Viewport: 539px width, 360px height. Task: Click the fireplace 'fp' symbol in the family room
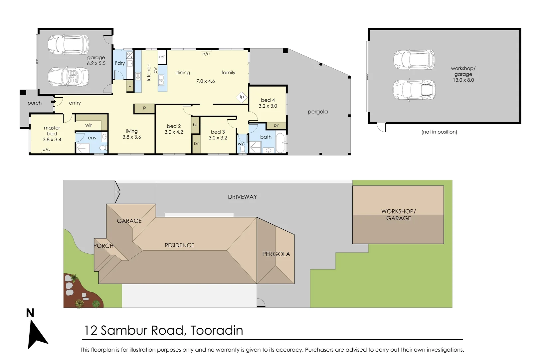[242, 97]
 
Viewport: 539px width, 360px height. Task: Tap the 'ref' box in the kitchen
[162, 57]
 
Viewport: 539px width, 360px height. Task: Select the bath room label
[266, 137]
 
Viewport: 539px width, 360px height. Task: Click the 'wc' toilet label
[241, 144]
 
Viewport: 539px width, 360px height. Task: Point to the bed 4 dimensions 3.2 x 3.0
[268, 106]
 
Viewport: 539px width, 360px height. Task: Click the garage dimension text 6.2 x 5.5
[96, 63]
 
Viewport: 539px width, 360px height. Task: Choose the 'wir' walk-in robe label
[89, 125]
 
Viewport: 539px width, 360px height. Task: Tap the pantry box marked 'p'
[144, 108]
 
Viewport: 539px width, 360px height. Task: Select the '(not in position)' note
[439, 132]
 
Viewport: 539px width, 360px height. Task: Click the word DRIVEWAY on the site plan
[242, 197]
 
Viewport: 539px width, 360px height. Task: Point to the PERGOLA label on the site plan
[276, 254]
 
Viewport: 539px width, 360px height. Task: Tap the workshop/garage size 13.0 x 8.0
[463, 80]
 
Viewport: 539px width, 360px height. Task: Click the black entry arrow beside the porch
[53, 102]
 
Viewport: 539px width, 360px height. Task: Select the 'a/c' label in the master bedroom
[46, 150]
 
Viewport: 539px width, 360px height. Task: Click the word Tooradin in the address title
[217, 330]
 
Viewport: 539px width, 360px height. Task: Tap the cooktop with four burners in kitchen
[138, 76]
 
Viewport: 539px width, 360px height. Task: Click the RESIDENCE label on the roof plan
[179, 245]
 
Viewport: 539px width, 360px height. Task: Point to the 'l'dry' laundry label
[119, 63]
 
